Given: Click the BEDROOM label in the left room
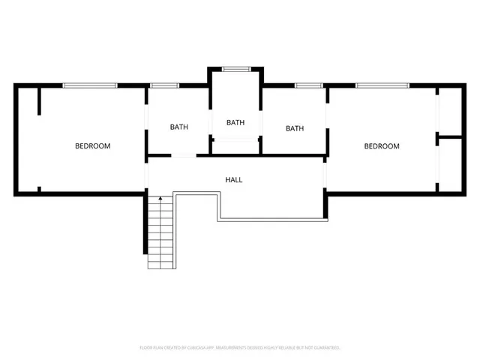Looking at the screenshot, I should click(x=92, y=146).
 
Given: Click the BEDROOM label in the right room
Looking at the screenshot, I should click(x=381, y=146).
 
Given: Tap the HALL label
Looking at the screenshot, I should click(x=234, y=180).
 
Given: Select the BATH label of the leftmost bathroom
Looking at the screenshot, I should click(x=178, y=127).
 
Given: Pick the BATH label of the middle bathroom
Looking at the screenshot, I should click(x=235, y=122).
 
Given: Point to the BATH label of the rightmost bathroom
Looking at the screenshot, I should click(x=295, y=128).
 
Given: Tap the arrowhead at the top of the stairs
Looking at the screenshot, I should click(x=160, y=199).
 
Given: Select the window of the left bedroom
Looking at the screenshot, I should click(x=90, y=85).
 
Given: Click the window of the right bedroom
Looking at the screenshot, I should click(x=382, y=85).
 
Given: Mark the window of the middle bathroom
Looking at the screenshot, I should click(x=235, y=69).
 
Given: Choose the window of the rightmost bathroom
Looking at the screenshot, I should click(x=307, y=85).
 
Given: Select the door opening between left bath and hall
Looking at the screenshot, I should click(x=184, y=155).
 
